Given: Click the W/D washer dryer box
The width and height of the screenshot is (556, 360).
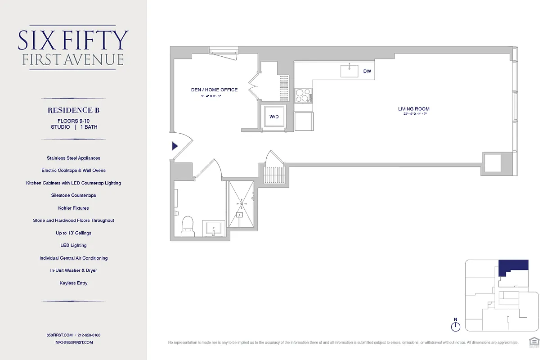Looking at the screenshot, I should point(274,117).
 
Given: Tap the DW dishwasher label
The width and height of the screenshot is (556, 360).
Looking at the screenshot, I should point(367,71).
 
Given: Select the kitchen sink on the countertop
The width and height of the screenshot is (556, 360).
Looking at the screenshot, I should point(349,71).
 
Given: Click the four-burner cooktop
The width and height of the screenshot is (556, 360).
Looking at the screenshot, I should point(303,95).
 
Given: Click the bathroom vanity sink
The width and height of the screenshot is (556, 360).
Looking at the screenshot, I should point(213,228).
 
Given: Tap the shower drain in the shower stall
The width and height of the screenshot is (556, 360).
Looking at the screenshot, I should point(242,204).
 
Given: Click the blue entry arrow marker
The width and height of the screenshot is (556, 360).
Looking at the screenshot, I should point(175,146).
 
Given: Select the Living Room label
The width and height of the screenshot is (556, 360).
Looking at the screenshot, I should point(413,109).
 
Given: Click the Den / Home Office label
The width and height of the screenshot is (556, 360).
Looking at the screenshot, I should point(214,90).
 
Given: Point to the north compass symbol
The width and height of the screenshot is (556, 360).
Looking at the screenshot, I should point(456,325).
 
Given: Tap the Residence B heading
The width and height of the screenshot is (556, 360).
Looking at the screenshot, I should point(73,110).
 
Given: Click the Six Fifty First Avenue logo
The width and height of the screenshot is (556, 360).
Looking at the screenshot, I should point(73,48).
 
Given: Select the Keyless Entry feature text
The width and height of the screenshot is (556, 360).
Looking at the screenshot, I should point(73,283).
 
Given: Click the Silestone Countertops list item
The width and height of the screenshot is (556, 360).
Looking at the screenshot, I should point(73,195).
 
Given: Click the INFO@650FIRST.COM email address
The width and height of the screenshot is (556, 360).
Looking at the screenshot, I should point(73,342).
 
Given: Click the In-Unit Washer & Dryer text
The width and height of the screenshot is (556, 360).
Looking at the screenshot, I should point(73,270).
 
